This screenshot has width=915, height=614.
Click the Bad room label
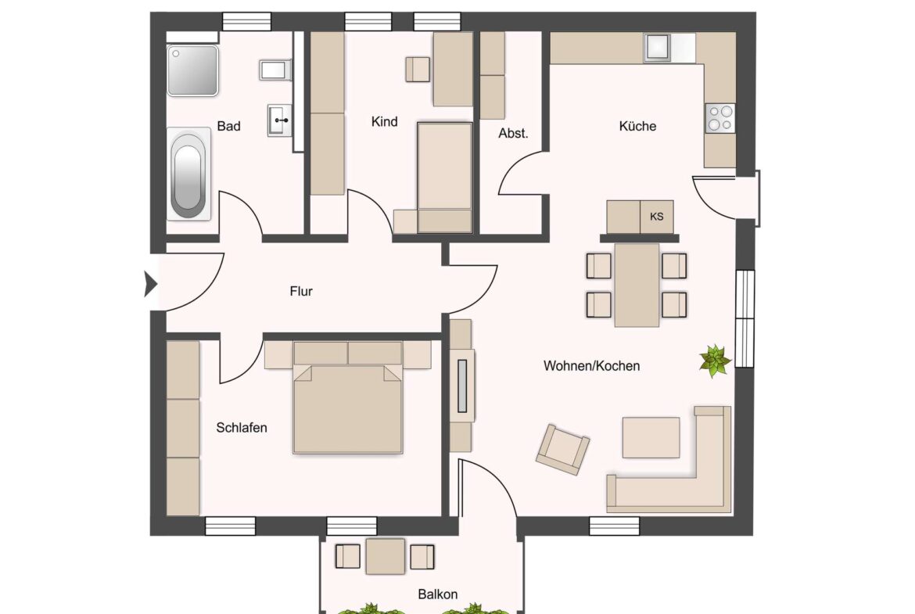[x=228, y=126]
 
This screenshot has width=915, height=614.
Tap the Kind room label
[x=385, y=121]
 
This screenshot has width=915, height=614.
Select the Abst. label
[x=513, y=134]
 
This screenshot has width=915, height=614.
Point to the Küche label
[x=637, y=126]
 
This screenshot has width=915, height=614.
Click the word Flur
[x=301, y=291]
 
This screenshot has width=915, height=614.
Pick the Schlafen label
[x=242, y=428]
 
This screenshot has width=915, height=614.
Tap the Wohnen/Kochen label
[x=592, y=366]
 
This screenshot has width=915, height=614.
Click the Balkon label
[x=438, y=594]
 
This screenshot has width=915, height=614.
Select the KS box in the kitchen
[x=656, y=217]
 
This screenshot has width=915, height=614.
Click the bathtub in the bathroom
[x=188, y=174]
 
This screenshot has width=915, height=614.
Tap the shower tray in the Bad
[x=192, y=70]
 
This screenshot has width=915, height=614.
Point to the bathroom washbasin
[x=280, y=120]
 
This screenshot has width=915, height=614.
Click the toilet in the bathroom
[x=274, y=70]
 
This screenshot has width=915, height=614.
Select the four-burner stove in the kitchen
[x=720, y=118]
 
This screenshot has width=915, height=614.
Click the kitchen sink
[x=658, y=48]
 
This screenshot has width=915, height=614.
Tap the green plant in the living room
[x=715, y=360]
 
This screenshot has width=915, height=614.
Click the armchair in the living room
[x=562, y=449]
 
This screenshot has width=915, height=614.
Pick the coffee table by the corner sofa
[x=651, y=437]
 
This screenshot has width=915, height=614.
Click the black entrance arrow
[x=151, y=285]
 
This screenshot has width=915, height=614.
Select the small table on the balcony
[x=385, y=556]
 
